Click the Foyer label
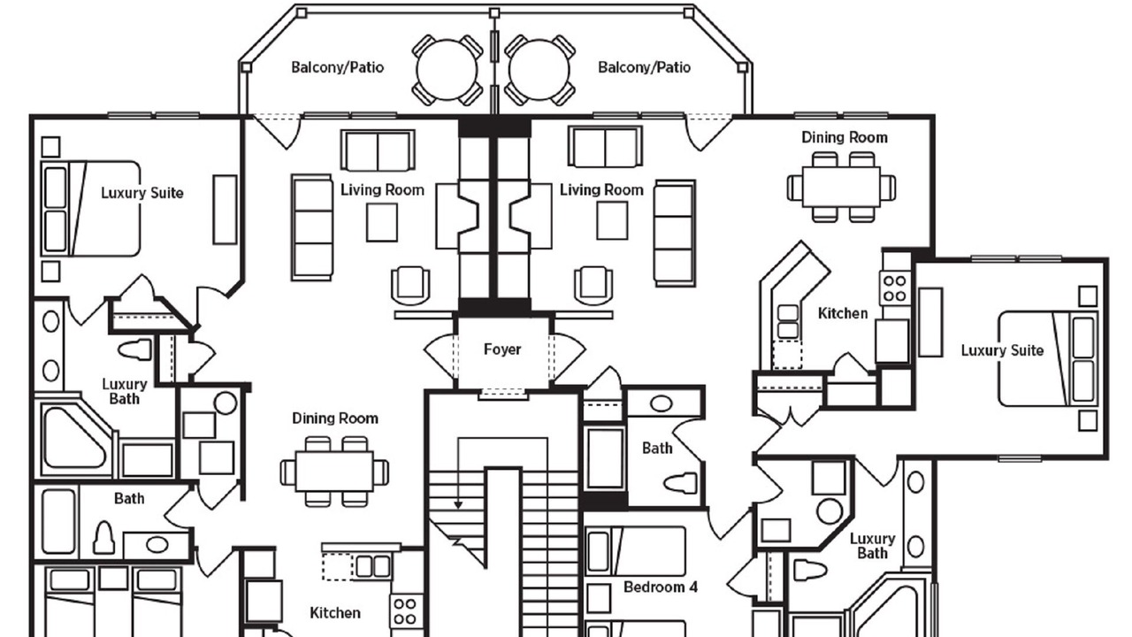(x=501, y=349)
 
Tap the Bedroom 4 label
(x=661, y=587)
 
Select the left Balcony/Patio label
(x=338, y=67)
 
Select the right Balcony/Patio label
(x=645, y=67)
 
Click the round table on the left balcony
(x=447, y=70)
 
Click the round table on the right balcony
(x=539, y=70)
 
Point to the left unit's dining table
(x=334, y=472)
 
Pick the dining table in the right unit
(x=841, y=187)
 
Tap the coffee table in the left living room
(x=382, y=222)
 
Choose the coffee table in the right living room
(x=612, y=220)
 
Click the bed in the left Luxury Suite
(x=90, y=208)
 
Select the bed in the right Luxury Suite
(x=1048, y=359)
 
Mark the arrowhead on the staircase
(x=458, y=504)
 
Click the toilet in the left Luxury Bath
(x=134, y=349)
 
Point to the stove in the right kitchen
(x=895, y=288)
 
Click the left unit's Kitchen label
(x=335, y=613)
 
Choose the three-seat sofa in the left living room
(x=312, y=227)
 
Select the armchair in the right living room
(x=593, y=286)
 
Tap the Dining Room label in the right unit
(x=845, y=137)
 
